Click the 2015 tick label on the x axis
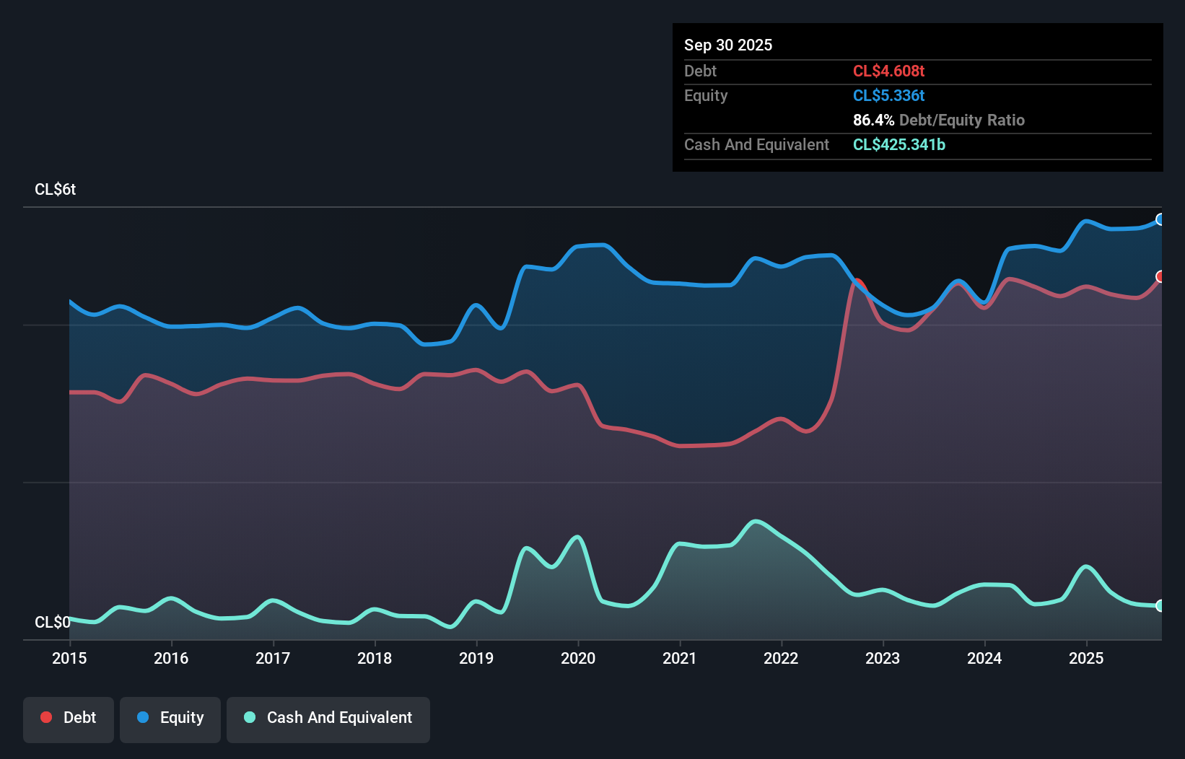(69, 658)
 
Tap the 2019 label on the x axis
(476, 658)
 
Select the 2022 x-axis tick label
(781, 658)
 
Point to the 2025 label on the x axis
(1086, 658)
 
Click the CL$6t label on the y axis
(55, 190)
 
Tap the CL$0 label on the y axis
(52, 622)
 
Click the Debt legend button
(69, 718)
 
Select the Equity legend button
(170, 718)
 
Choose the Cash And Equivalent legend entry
(328, 718)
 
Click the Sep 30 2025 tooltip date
(727, 45)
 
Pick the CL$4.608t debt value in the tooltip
(888, 71)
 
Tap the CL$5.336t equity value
(888, 95)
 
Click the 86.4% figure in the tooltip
(873, 120)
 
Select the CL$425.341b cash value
(898, 144)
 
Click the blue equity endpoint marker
(1160, 219)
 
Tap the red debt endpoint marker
(1160, 276)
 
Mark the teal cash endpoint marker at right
(1160, 605)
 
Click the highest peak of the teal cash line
(755, 521)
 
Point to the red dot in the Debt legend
(46, 717)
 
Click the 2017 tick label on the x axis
(273, 658)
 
